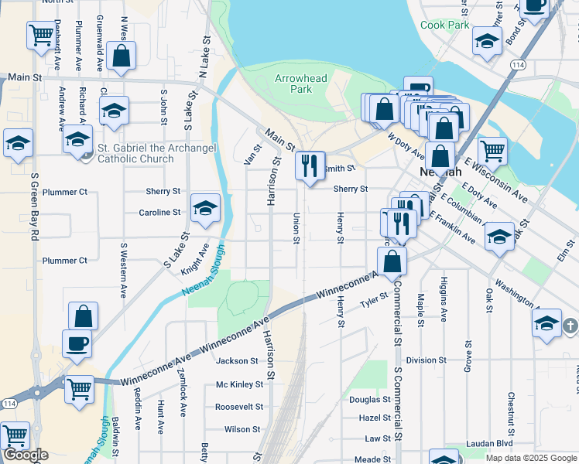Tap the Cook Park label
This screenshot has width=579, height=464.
pos(444,25)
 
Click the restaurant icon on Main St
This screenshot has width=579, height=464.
pos(310,166)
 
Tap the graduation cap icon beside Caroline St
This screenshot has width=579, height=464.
pos(204,208)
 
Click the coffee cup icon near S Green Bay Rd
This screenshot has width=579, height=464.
pos(78,344)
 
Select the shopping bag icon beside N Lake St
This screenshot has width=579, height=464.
pos(121,56)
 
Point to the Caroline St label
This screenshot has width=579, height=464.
pos(159,212)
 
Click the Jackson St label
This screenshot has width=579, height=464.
pos(236,361)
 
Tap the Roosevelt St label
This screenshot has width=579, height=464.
pos(239,407)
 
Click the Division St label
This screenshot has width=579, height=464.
pos(421,360)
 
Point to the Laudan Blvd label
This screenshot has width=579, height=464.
pos(489,444)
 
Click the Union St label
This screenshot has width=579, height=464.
pos(296,228)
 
